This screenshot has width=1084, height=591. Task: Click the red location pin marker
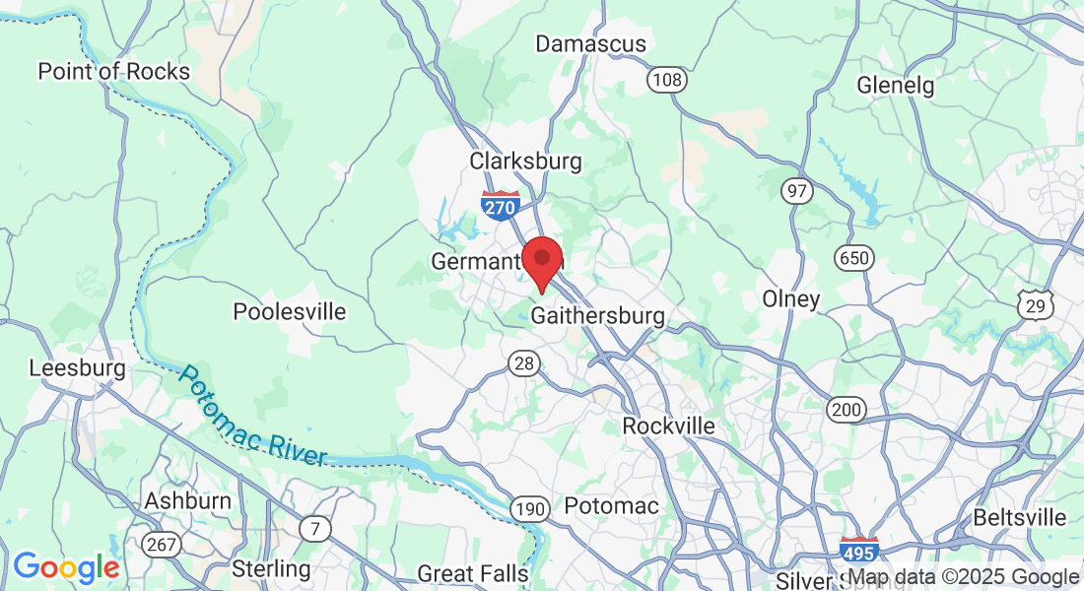pos(541,260)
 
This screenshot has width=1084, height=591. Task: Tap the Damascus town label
pos(590,43)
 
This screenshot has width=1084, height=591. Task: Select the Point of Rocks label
pos(113,71)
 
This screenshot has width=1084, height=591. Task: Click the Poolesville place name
pos(290,312)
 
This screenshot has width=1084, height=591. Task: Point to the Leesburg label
pos(77,368)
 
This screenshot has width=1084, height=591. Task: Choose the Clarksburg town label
pos(525,161)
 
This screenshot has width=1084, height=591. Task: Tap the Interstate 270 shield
pos(502,204)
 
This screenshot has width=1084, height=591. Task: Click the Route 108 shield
pos(666,79)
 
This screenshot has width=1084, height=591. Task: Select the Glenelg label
pos(895,85)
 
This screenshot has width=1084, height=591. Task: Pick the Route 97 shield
pos(796,191)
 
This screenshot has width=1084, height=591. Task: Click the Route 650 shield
pos(853,258)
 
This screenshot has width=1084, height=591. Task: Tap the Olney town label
pos(791,298)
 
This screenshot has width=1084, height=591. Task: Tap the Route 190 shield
pos(530,508)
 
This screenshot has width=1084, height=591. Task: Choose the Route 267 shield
pos(161,544)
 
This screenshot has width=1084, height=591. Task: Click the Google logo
pos(66,567)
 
